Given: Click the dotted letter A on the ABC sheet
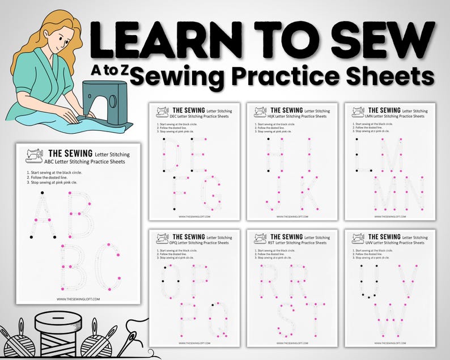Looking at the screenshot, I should (43, 215).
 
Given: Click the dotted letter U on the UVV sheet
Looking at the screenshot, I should (369, 281).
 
